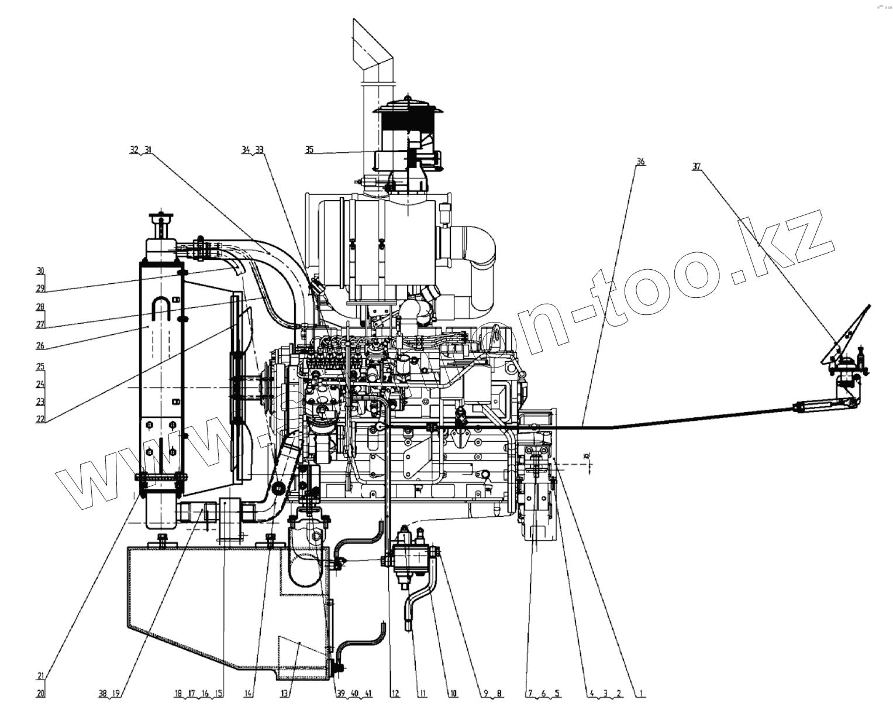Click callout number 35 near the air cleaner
tap(309, 150)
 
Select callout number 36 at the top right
tap(641, 161)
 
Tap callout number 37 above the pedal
tap(696, 166)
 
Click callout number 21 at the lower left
tap(40, 676)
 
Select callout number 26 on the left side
tap(40, 345)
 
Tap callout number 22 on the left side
tap(40, 419)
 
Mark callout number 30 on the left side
tap(40, 271)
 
